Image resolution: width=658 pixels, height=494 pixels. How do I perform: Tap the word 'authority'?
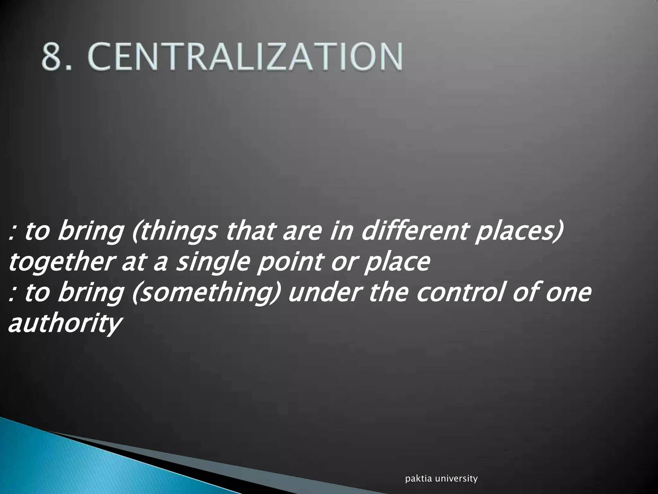(x=64, y=324)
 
